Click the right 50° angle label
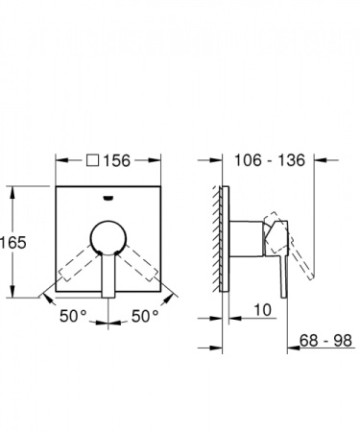point(147,315)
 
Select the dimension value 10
point(265,310)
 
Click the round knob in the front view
point(107,238)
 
